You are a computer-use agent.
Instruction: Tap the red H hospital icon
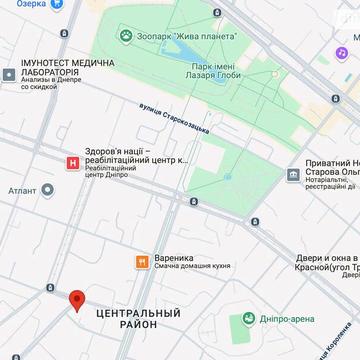tap(71, 162)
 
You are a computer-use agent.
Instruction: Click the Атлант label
tap(23, 189)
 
